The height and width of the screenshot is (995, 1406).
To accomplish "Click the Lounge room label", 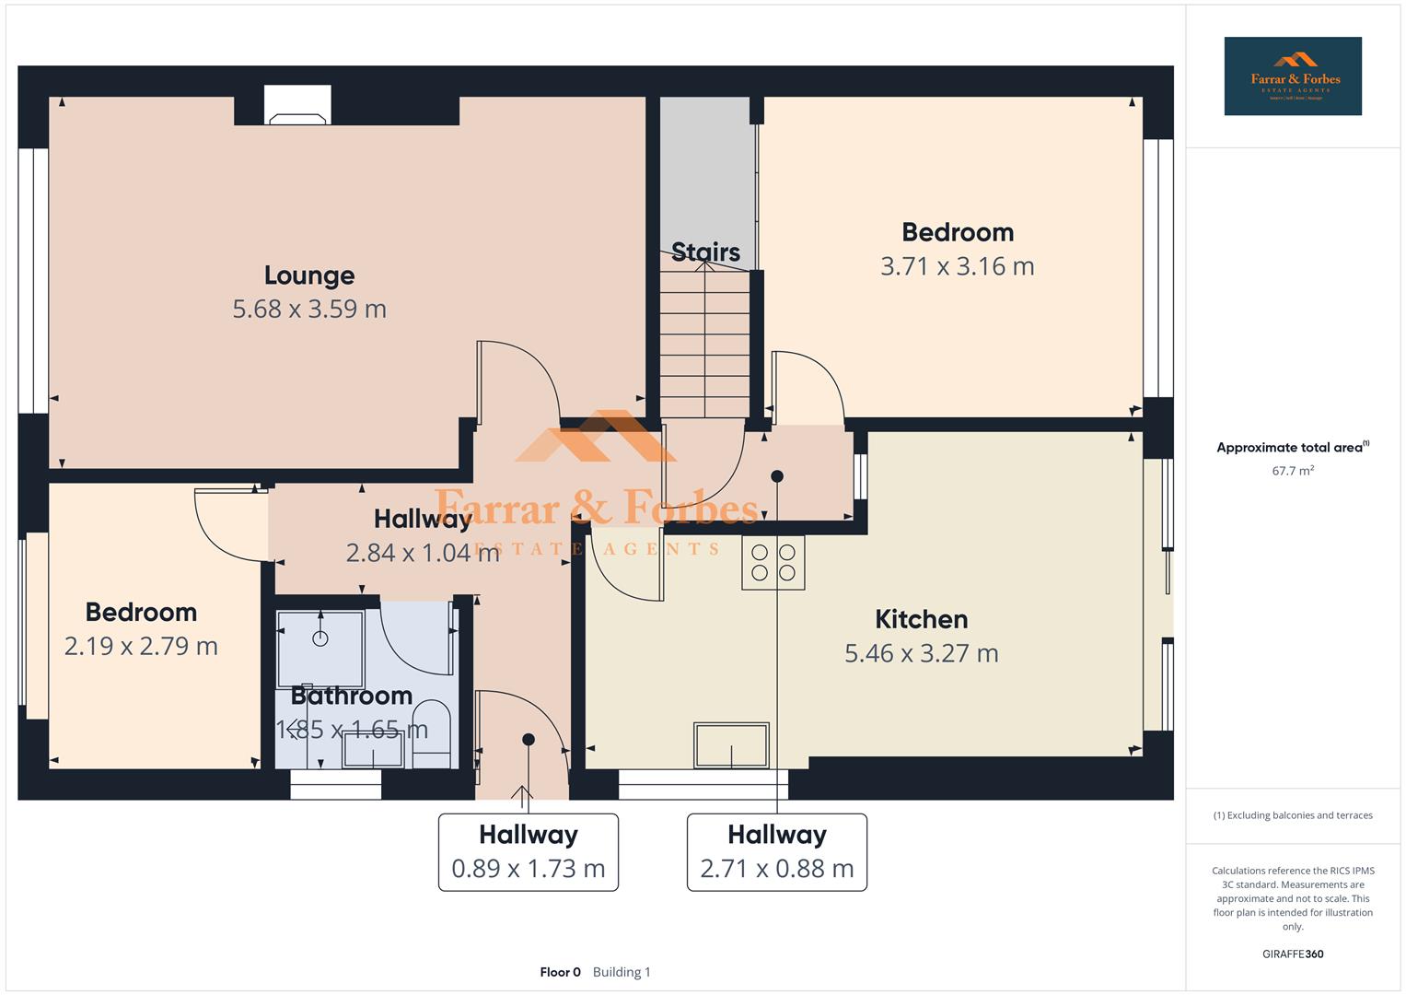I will click(309, 275).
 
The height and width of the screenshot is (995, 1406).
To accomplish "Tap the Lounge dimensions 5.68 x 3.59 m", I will click(309, 309).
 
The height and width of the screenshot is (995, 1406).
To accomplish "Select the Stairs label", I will click(705, 252).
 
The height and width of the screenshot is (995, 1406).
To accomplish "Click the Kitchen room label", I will click(921, 619).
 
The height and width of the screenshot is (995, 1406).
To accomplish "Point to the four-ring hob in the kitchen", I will click(773, 563).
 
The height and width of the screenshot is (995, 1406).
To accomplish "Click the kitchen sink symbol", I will click(732, 745).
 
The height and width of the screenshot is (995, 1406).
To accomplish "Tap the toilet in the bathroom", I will click(430, 733).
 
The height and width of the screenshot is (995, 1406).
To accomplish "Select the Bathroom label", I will click(352, 696).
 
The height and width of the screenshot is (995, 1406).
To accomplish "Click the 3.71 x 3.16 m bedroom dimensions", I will click(957, 266).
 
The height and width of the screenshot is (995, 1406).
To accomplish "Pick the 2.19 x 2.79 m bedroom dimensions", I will click(141, 646).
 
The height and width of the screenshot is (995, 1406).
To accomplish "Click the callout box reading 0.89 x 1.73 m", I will click(528, 852).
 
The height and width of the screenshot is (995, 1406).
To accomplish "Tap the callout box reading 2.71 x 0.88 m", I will click(776, 852).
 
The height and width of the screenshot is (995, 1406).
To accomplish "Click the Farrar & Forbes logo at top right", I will click(1292, 76).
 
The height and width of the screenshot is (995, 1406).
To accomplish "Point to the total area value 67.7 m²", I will click(1292, 471).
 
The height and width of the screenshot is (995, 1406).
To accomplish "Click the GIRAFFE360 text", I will click(1292, 954).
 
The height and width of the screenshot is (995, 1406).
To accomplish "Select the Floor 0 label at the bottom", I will click(560, 972).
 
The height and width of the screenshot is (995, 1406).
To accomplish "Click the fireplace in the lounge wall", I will click(296, 105).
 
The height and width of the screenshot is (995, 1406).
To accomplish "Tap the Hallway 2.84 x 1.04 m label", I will click(423, 535).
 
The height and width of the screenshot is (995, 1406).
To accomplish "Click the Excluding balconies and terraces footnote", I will click(1292, 815).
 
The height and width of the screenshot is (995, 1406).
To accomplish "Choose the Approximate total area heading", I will click(1291, 448).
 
